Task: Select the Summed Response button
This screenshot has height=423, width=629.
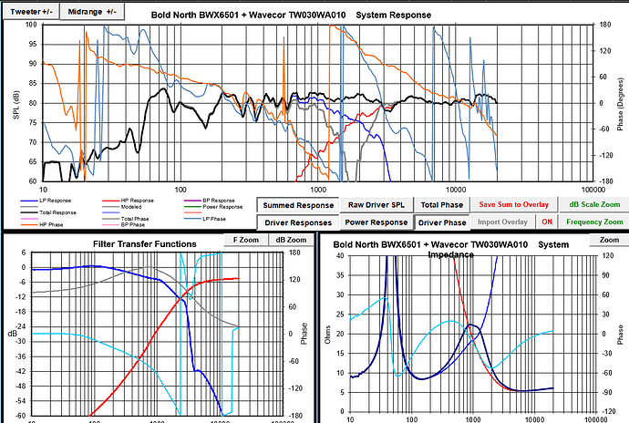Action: pyautogui.click(x=296, y=205)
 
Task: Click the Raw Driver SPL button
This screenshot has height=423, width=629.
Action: pyautogui.click(x=377, y=205)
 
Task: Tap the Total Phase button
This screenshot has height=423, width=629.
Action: pyautogui.click(x=442, y=205)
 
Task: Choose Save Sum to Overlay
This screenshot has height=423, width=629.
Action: pyautogui.click(x=513, y=205)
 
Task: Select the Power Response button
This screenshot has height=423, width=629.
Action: pyautogui.click(x=376, y=222)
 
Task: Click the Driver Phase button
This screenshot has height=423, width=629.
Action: pyautogui.click(x=442, y=222)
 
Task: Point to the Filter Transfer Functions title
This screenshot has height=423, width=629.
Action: pyautogui.click(x=145, y=243)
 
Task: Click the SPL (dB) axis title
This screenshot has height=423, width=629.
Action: pyautogui.click(x=15, y=108)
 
